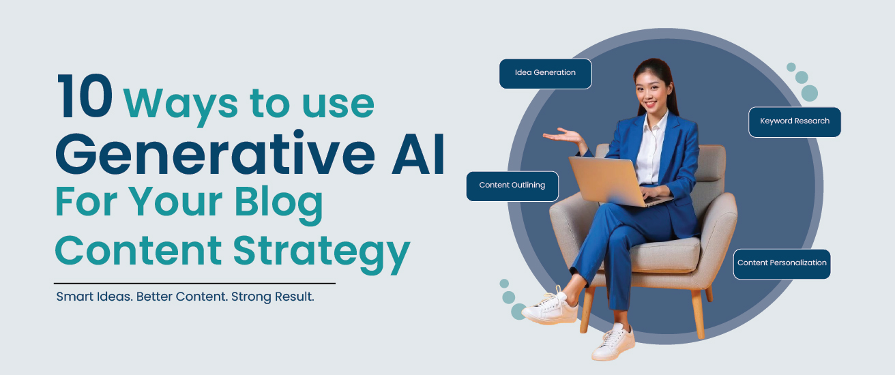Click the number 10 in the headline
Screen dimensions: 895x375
point(85,96)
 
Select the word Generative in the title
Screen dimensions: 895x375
point(215,153)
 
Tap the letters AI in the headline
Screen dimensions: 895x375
point(418,154)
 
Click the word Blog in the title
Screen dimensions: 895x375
point(278,205)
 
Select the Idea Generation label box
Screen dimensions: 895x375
point(546,74)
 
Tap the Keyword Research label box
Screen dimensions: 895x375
point(795,122)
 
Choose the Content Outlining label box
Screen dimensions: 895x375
point(512,186)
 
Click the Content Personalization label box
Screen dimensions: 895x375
point(782,264)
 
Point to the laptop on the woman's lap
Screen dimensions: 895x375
point(615,182)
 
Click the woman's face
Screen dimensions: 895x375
point(651,93)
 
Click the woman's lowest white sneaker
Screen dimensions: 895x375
point(613,342)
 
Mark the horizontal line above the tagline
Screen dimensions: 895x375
point(194,283)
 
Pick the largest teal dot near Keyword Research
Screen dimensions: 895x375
point(810,93)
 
